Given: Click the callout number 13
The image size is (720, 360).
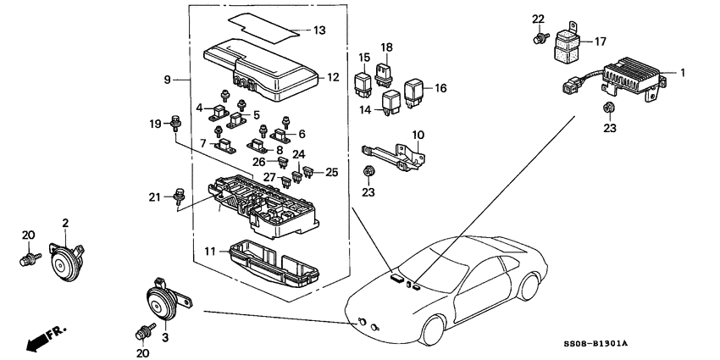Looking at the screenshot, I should [318, 31].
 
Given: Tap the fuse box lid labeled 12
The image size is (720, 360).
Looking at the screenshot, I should [263, 69].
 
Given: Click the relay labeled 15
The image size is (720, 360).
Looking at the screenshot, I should [363, 84].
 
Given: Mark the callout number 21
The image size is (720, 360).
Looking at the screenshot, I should [153, 197].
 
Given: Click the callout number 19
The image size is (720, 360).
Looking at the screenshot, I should [153, 125].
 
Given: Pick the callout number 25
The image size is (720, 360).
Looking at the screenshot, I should [331, 172].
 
